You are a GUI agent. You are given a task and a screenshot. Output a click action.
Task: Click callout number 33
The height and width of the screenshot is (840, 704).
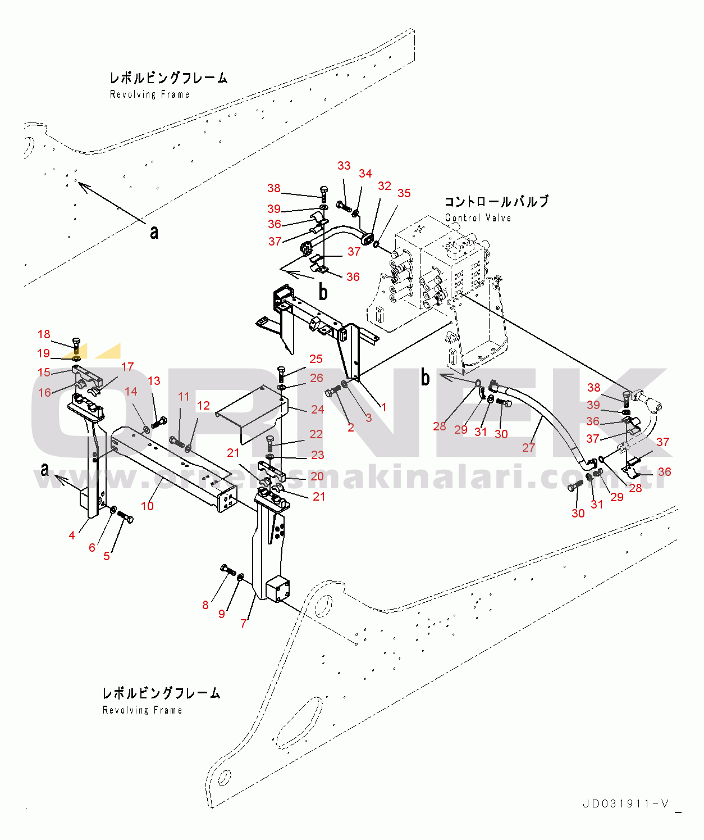(x=344, y=166)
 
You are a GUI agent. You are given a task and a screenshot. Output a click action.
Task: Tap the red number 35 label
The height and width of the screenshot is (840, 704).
(x=404, y=193)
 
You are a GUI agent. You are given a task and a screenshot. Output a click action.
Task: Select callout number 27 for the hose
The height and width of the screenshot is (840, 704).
(x=528, y=448)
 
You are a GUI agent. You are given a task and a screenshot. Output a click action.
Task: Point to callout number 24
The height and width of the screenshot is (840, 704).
(x=317, y=410)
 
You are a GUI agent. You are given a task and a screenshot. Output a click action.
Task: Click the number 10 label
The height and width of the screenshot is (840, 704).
(x=147, y=506)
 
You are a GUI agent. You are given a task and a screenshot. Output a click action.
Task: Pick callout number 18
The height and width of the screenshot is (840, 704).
(x=44, y=335)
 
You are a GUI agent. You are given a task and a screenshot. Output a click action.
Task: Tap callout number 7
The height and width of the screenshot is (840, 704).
(x=244, y=623)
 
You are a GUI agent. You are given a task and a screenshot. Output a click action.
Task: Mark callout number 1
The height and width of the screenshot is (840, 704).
(x=383, y=407)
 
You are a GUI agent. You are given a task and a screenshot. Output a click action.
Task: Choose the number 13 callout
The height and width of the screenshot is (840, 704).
(x=154, y=381)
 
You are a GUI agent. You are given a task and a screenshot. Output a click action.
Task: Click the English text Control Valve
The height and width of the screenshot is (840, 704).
(x=478, y=218)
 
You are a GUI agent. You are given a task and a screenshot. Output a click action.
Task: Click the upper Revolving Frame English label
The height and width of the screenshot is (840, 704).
(x=149, y=94)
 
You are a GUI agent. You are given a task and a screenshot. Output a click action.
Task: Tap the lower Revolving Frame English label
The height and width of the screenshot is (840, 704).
(x=142, y=710)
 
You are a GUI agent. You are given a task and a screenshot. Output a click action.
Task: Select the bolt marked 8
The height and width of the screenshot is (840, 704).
(x=228, y=570)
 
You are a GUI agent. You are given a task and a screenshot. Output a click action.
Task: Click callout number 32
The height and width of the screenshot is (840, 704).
(x=385, y=186)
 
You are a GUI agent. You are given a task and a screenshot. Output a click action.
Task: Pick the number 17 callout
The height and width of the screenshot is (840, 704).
(x=127, y=367)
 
